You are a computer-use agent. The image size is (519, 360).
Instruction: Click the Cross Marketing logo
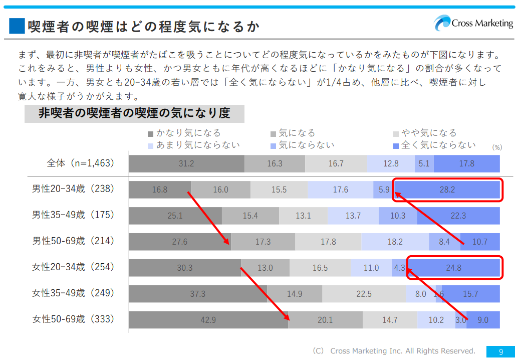coord(473,24)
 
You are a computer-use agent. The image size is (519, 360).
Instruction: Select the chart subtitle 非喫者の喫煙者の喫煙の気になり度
coord(134,113)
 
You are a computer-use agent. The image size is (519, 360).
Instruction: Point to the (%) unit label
coord(496,147)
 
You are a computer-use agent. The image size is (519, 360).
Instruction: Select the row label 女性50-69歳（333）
coord(74,319)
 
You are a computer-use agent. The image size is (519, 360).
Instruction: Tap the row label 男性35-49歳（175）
coord(74,215)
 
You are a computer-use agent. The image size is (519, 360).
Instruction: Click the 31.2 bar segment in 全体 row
coord(186,163)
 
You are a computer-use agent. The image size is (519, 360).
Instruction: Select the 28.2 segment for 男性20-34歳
coord(447,190)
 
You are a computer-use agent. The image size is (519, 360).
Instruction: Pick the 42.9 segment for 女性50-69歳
coord(208,320)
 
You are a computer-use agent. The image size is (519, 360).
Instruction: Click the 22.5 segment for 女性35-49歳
coord(364,294)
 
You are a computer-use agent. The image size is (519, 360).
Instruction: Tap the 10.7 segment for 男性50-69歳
coord(480,242)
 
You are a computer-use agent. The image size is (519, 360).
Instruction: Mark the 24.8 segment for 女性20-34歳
coord(453,268)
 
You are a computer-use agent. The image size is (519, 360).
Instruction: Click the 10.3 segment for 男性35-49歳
coord(398,216)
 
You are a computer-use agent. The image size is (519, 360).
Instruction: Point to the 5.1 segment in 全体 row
coord(424,163)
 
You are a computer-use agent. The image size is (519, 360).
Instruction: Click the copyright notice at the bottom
coord(393,351)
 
